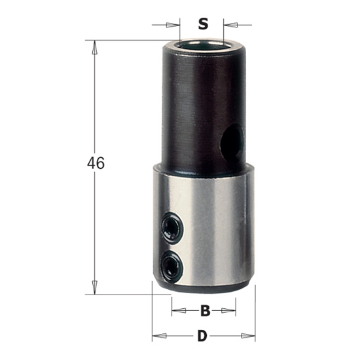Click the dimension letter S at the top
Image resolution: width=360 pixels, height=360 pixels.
pyautogui.click(x=203, y=25)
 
